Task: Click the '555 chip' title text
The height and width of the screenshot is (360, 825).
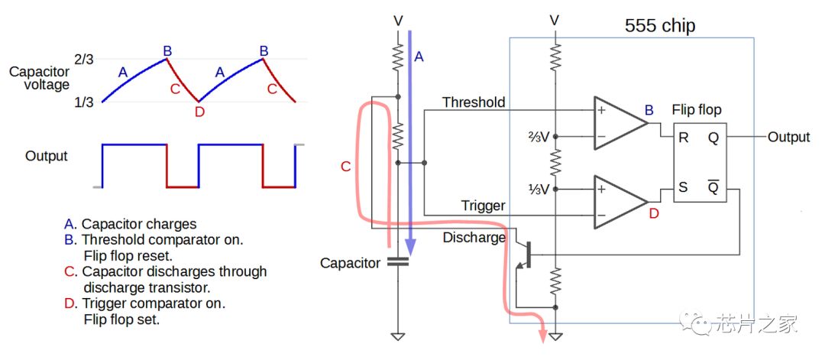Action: tap(660, 25)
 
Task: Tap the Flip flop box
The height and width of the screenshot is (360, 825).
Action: tap(700, 162)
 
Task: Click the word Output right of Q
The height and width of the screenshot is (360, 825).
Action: tap(788, 138)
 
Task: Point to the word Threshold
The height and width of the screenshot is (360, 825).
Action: tap(474, 102)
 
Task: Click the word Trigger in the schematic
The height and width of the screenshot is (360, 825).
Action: tap(484, 206)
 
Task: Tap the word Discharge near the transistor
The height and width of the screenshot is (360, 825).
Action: tap(474, 238)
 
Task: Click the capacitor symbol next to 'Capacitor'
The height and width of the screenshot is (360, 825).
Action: tap(398, 261)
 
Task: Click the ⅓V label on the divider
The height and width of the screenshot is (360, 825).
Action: tap(539, 189)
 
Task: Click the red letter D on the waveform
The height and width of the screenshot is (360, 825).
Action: tap(199, 112)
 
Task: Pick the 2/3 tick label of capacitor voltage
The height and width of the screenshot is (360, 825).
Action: tap(84, 59)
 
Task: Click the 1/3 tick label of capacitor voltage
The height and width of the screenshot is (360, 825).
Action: tap(84, 102)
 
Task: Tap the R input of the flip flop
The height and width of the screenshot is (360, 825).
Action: tap(684, 138)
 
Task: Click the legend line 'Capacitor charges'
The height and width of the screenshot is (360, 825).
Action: tap(139, 224)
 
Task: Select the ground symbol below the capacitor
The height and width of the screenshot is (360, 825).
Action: tap(398, 336)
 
